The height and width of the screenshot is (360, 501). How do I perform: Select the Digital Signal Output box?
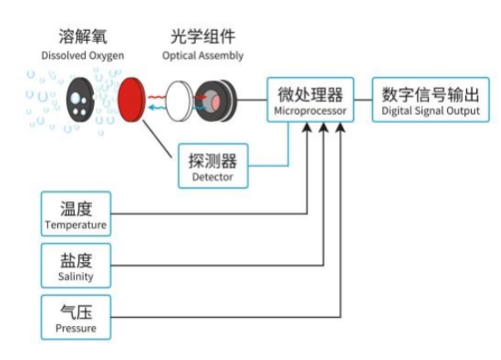[430, 99]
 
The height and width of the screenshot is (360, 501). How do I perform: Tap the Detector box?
[212, 165]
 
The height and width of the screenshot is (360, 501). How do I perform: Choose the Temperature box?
[76, 214]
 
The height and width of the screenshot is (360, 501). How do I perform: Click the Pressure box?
[76, 317]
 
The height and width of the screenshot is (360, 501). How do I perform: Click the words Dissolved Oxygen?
[82, 56]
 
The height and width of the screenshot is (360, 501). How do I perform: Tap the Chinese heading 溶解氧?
[82, 38]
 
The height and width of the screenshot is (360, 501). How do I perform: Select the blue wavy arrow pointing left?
[156, 106]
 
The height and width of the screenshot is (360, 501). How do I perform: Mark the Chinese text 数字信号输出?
[430, 91]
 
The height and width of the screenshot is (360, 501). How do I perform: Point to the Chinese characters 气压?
[76, 309]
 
